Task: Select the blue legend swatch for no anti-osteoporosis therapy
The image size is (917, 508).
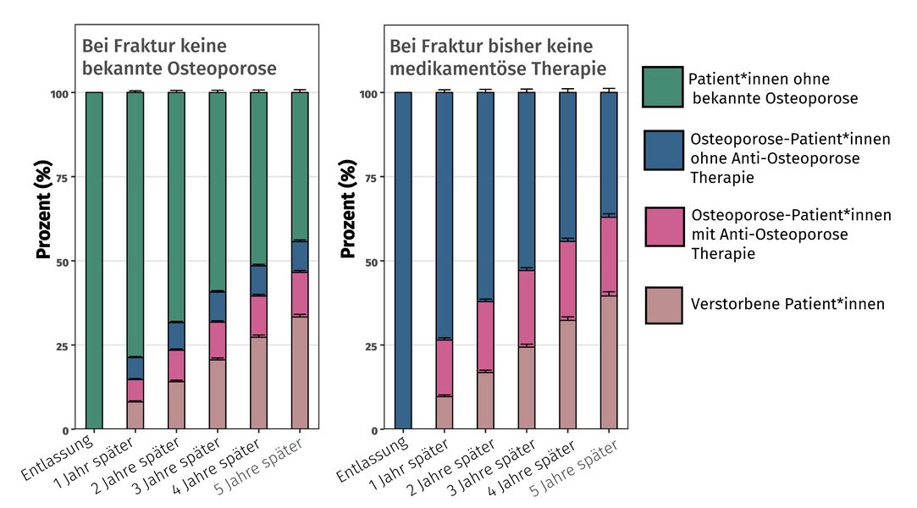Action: click(663, 151)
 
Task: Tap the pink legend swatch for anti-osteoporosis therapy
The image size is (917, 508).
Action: click(663, 226)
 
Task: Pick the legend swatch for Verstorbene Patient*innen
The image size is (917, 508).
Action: click(663, 305)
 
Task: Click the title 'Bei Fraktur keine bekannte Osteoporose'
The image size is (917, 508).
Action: click(179, 56)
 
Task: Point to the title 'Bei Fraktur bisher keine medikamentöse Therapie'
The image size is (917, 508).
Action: click(497, 56)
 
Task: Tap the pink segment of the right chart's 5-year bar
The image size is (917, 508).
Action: click(609, 256)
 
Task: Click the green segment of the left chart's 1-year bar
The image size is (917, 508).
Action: click(135, 224)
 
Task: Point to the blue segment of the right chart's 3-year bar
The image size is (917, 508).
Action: click(527, 179)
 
